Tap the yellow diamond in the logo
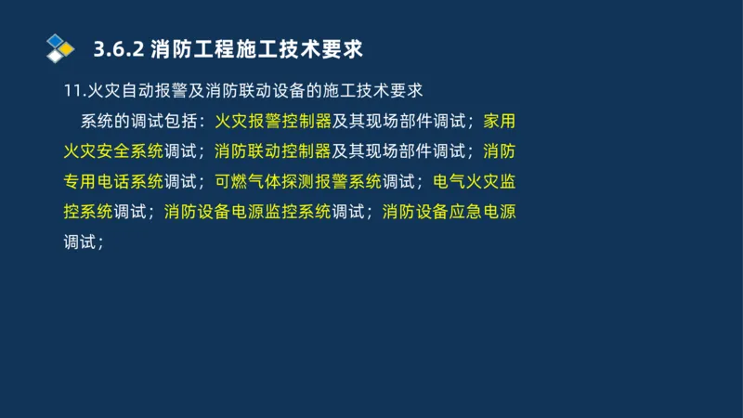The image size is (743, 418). click(x=66, y=47)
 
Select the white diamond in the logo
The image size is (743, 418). click(x=55, y=56)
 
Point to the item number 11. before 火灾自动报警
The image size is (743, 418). click(x=72, y=91)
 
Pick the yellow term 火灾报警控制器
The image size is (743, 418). click(x=273, y=121)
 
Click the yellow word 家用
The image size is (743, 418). click(x=500, y=121)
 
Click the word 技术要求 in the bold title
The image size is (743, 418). click(x=322, y=48)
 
